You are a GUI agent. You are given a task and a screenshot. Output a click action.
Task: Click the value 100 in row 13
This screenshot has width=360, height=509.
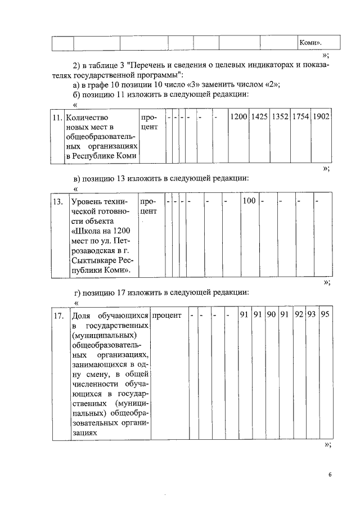click(x=249, y=201)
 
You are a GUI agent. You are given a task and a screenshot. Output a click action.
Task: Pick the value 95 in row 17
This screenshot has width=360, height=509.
click(x=325, y=315)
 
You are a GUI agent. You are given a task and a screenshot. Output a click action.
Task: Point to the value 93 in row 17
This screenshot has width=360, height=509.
click(x=312, y=315)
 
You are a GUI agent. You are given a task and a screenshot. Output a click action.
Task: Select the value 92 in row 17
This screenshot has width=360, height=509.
click(x=299, y=315)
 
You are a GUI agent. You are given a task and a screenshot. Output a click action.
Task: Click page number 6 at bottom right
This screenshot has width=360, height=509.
click(x=330, y=475)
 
